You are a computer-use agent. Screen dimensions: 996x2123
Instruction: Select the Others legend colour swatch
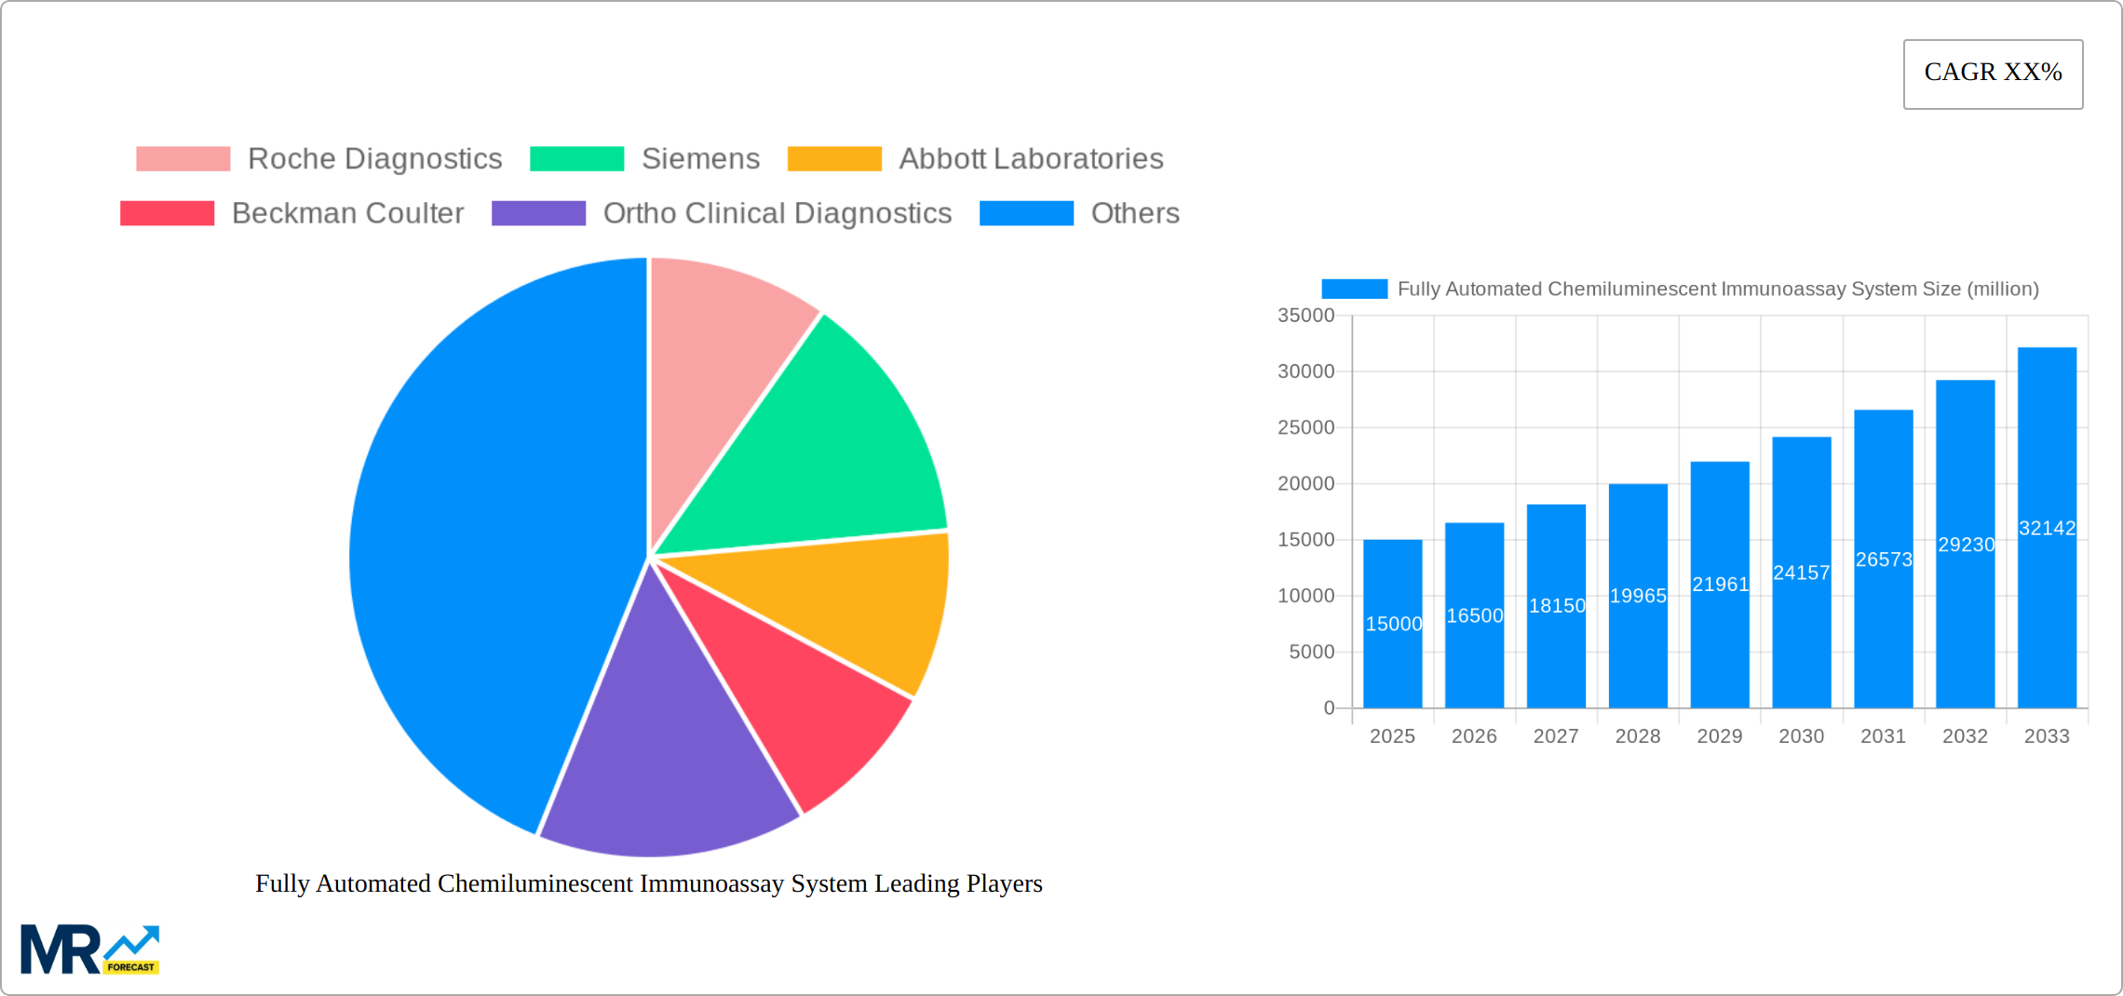1026,213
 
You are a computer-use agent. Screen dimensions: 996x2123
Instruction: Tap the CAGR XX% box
1993,74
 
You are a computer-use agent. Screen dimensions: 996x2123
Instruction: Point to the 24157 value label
1801,572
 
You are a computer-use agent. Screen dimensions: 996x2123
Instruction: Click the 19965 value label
1638,596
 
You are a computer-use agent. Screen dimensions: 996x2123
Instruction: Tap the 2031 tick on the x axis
1883,736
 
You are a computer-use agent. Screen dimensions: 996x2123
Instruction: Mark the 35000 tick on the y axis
1305,316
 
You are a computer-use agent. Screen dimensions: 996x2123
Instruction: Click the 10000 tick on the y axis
1305,596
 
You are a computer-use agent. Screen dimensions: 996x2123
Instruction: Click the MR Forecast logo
89,949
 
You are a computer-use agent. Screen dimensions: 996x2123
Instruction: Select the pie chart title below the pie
649,883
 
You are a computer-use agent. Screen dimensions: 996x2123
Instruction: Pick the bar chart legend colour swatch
1354,289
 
